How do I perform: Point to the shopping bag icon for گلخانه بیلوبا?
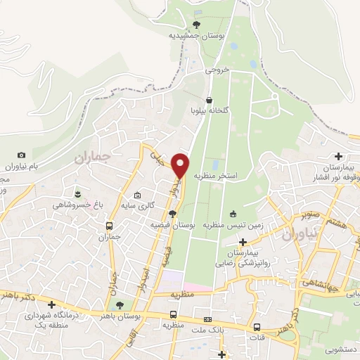(209, 101)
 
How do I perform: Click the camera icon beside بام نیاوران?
(21, 155)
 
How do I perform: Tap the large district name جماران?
(92, 158)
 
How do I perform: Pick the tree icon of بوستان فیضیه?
(173, 214)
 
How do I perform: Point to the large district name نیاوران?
(302, 234)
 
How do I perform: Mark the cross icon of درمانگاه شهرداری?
(51, 304)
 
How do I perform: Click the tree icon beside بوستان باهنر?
(120, 304)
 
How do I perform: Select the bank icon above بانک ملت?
(206, 317)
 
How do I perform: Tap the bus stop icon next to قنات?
(257, 327)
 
